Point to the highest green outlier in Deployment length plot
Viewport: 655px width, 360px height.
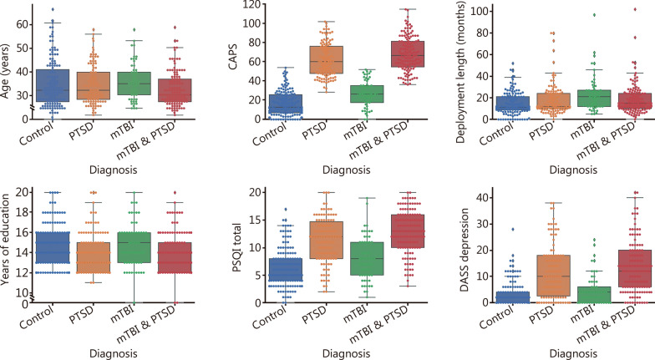point(571,14)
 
